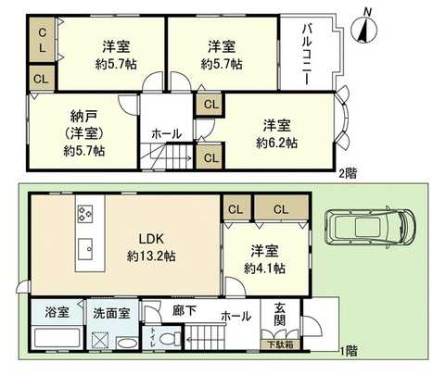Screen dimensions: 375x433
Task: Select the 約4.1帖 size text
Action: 264,268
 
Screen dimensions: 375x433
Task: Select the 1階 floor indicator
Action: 348,351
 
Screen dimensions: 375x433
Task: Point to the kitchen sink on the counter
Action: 86,248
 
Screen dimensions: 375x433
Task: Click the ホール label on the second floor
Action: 167,133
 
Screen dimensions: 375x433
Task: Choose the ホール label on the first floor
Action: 236,316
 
